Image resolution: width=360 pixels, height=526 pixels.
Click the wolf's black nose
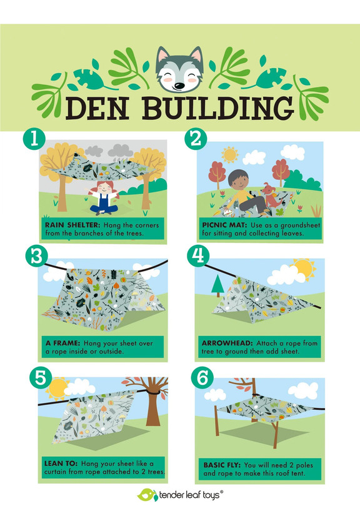(179, 86)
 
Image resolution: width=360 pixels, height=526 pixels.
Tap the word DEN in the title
(97, 108)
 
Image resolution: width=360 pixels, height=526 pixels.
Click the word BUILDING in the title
(218, 108)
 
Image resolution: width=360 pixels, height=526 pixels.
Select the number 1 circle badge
(34, 139)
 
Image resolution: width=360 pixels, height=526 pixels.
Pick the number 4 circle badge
(198, 256)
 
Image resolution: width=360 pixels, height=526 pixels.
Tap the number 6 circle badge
(202, 378)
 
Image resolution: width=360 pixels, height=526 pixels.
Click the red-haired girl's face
(104, 187)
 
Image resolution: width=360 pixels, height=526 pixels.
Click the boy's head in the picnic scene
(238, 180)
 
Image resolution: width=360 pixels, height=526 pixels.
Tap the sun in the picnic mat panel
(230, 154)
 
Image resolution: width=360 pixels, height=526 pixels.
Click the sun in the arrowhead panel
(304, 269)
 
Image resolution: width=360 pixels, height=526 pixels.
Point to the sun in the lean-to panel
(57, 389)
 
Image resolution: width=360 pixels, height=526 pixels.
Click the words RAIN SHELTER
(72, 225)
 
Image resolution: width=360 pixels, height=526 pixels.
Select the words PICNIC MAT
(224, 225)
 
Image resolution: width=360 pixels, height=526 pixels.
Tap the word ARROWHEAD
(227, 343)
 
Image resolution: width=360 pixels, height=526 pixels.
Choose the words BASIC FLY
(222, 465)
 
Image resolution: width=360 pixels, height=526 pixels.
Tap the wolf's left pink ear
(163, 56)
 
